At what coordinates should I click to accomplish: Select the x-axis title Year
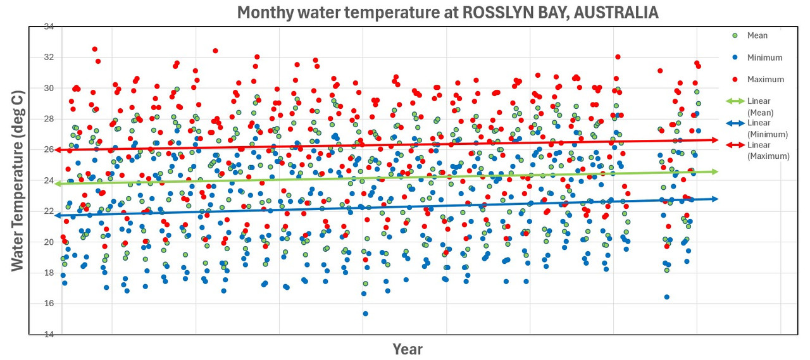407,349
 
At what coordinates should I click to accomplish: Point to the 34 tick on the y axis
48,27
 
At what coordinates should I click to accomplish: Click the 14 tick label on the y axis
48,334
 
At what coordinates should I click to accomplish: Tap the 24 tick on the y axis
48,180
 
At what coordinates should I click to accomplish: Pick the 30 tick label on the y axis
48,88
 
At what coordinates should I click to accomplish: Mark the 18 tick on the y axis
48,273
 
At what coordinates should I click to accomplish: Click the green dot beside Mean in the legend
735,35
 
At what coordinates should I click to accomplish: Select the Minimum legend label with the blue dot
764,58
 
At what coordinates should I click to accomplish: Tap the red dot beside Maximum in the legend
735,79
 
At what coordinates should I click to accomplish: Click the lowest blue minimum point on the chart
365,313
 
